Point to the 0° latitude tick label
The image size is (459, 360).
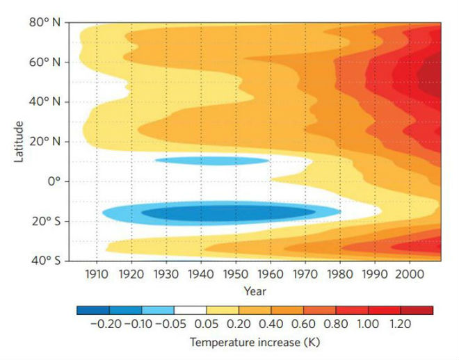coord(54,181)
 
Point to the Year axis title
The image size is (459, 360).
coord(255,291)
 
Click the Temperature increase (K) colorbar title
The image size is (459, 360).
coord(255,343)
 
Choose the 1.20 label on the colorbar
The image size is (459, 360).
coord(401,324)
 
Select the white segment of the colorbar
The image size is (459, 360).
coord(190,310)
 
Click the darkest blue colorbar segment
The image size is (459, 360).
coord(92,310)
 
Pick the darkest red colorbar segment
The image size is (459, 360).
coord(417,310)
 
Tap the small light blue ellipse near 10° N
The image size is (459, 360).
coord(211,161)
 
